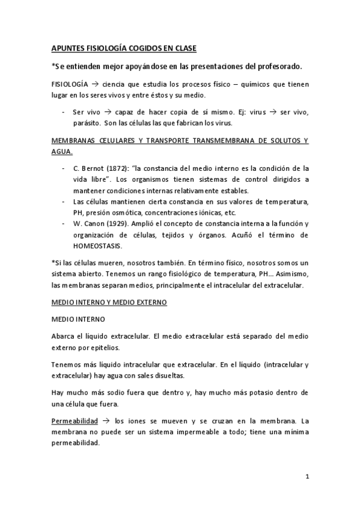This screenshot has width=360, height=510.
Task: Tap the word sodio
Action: click(98, 392)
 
